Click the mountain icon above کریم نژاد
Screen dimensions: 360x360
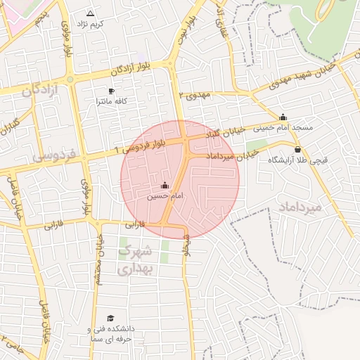[90, 13]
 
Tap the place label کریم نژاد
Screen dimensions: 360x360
[90, 24]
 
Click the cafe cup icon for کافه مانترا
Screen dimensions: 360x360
[111, 91]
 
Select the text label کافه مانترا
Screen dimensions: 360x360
[111, 102]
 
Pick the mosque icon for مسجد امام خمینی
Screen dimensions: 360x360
[283, 117]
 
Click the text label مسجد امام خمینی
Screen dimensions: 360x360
[283, 128]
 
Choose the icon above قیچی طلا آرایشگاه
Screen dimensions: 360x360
[297, 149]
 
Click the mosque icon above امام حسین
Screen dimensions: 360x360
[165, 186]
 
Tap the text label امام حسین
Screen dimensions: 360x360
[165, 196]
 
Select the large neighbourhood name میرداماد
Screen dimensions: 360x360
[300, 207]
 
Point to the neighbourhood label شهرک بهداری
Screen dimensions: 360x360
[134, 259]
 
